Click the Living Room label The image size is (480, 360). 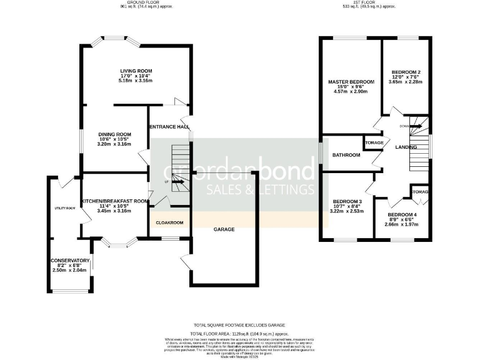click(x=136, y=71)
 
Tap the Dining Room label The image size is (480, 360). click(x=114, y=134)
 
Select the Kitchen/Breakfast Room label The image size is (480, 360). click(x=114, y=201)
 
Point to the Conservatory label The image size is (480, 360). click(x=70, y=261)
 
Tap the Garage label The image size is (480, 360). click(x=224, y=229)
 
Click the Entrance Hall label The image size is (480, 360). click(x=169, y=127)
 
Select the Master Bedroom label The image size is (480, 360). click(x=351, y=82)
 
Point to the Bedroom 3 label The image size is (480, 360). click(x=348, y=201)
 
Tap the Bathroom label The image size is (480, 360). click(x=346, y=155)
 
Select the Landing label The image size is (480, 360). click(x=406, y=146)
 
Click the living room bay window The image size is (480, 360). click(x=113, y=43)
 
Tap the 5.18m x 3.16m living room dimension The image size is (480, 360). click(x=136, y=81)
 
